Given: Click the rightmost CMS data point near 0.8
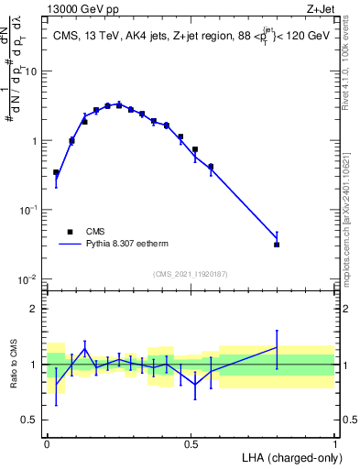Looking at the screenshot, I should tap(277, 245).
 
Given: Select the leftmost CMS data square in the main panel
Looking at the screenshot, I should tap(56, 172).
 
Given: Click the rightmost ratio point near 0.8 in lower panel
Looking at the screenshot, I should tap(277, 347).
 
